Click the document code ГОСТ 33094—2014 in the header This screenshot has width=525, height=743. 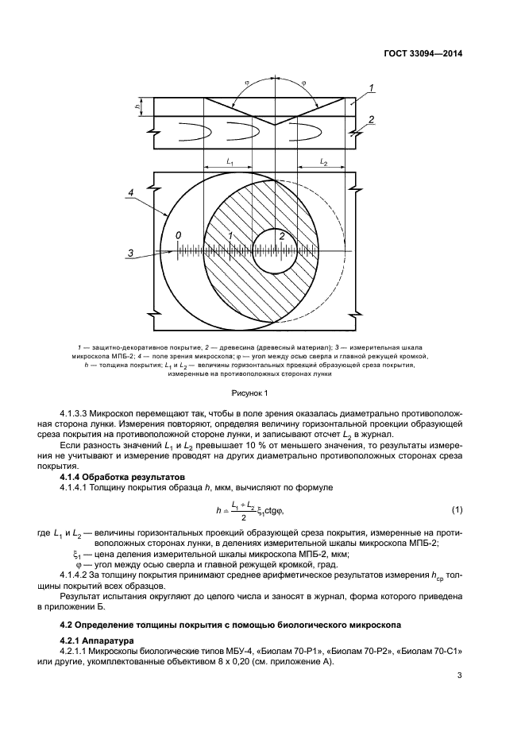419,54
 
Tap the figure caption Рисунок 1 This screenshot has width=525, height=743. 250,392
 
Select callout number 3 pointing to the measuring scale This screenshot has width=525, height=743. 129,253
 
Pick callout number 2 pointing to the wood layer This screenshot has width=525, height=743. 371,120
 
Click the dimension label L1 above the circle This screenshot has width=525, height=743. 230,161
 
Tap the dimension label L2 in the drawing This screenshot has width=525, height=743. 323,161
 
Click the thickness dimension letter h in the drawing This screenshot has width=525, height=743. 137,105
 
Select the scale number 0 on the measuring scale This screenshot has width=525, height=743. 179,236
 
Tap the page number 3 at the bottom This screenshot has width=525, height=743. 459,675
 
